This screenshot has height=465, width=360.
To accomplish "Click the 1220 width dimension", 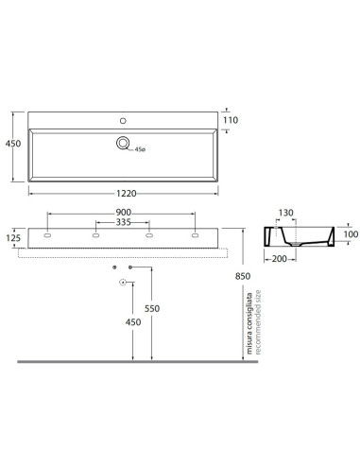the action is click(x=127, y=193).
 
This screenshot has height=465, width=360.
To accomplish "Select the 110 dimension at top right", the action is click(x=231, y=120).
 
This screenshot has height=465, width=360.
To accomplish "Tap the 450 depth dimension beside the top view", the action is click(x=13, y=144).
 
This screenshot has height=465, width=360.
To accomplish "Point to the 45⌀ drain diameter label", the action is click(x=140, y=149).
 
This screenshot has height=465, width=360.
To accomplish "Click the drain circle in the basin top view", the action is click(x=123, y=143).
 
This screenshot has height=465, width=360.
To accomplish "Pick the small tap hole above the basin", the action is click(x=123, y=121).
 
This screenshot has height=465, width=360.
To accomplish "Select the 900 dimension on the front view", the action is click(x=123, y=213).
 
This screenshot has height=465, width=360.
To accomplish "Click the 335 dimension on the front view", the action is click(x=123, y=222).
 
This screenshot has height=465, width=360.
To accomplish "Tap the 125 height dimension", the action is click(x=13, y=238).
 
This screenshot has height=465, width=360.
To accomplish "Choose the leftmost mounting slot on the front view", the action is click(x=47, y=235).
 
